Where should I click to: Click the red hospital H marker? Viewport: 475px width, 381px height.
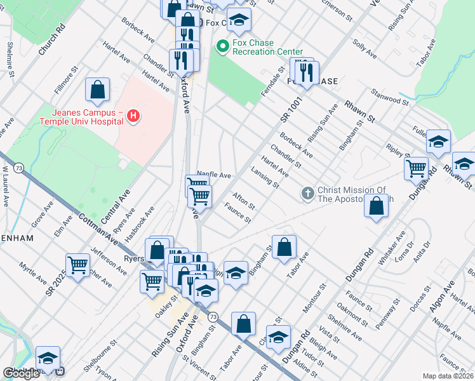[133, 116]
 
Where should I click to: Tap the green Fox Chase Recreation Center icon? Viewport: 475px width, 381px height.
[222, 46]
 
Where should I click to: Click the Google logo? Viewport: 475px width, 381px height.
[22, 373]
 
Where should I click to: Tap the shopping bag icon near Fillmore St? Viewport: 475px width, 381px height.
[97, 90]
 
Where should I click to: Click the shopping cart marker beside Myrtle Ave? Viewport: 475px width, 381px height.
[77, 265]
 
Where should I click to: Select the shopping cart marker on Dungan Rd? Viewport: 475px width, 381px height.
[416, 169]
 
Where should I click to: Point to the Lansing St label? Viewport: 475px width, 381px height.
[267, 180]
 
